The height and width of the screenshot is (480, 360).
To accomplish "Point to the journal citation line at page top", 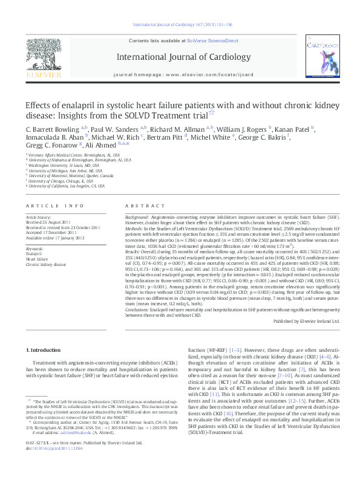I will [x=179, y=26].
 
